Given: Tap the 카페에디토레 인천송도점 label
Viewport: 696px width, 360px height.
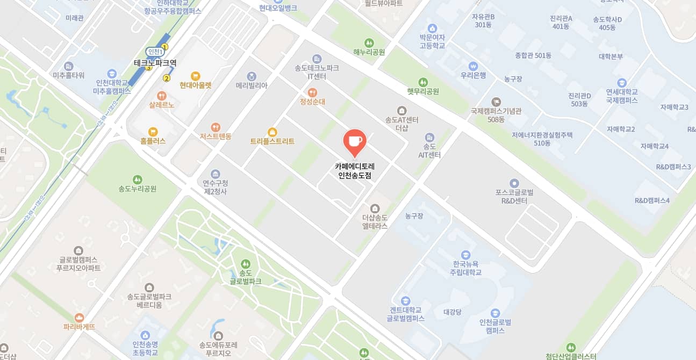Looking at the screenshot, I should [355, 171].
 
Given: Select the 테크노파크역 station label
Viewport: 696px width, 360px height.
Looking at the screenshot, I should [155, 63].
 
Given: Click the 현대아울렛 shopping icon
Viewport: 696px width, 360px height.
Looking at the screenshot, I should [196, 76].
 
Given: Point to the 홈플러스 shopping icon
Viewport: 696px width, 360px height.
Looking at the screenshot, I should [153, 132].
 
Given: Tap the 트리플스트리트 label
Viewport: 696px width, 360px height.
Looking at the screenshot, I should [272, 141].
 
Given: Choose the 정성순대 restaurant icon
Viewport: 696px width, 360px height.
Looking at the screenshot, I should [313, 92].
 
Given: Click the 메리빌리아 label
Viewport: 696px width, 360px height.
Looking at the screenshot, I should [252, 85].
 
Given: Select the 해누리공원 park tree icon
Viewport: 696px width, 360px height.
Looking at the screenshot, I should [369, 43].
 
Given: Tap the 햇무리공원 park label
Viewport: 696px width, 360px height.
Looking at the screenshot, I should [423, 91].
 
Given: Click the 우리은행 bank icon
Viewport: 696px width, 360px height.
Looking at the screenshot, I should [473, 66].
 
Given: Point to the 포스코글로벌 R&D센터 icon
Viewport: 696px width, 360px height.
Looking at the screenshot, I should [514, 183].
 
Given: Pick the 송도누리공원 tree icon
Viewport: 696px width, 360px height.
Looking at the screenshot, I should [138, 179].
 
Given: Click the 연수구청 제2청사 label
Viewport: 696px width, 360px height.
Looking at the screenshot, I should [216, 187].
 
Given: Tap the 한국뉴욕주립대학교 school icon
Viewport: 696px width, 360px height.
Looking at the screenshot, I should [466, 255].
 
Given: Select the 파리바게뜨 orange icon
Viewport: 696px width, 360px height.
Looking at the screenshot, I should [80, 318].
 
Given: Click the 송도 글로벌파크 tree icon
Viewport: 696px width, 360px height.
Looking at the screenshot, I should [246, 264].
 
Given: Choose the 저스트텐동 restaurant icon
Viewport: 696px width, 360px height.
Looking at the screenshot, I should [216, 127].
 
